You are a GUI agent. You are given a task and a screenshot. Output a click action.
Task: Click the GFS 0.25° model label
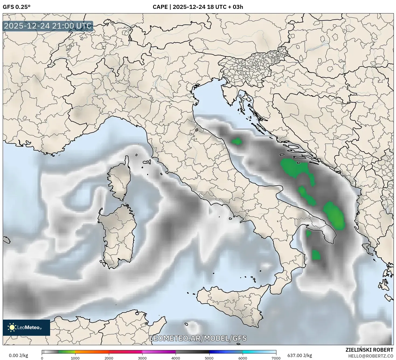tap(16, 7)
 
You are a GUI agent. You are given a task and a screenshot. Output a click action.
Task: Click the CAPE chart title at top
tap(198, 7)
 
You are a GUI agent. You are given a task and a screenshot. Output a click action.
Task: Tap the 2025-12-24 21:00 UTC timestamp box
tap(48, 26)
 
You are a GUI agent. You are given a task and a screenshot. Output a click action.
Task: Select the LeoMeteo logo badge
tap(26, 327)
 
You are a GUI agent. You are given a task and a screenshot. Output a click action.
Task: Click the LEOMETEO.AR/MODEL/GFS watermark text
tap(198, 338)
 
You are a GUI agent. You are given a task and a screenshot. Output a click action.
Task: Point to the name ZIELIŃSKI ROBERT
tap(369, 350)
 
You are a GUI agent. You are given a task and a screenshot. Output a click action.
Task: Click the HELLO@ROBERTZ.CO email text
tap(371, 356)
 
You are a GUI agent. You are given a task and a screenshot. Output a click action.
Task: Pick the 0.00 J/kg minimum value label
tap(18, 355)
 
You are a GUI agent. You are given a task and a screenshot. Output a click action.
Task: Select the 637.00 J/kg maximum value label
tap(300, 355)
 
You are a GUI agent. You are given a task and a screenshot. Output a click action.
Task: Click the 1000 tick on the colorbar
tap(75, 358)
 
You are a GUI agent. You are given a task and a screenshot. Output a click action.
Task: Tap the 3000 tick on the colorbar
tap(142, 358)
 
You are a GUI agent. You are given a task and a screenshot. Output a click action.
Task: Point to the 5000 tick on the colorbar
tap(209, 358)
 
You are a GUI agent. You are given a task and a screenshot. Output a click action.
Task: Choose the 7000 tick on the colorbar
tap(276, 358)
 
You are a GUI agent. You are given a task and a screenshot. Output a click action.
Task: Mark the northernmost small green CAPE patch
tap(237, 141)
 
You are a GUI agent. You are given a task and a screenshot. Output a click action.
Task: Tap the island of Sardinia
tap(119, 234)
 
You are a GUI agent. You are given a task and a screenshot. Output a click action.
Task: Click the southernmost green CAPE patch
tap(316, 255)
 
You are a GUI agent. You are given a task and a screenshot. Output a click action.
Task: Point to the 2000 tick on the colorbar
tap(109, 358)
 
